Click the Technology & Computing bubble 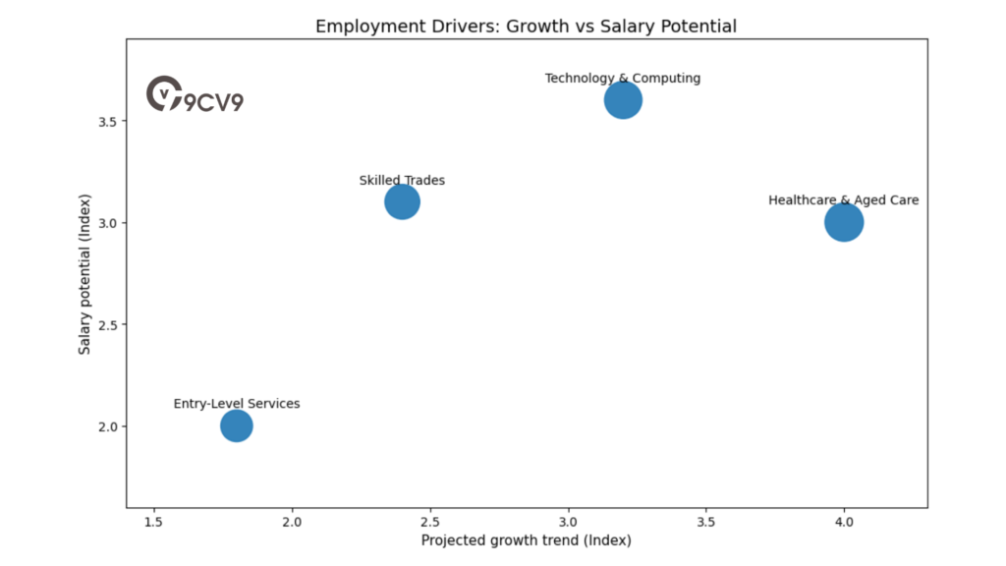point(623,100)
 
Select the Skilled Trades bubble point(402,202)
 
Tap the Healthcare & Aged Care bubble point(844,222)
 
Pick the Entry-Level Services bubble point(236,425)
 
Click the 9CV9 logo point(195,95)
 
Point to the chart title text point(526,27)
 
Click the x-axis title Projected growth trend point(526,540)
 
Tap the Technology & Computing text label point(623,78)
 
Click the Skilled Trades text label point(402,180)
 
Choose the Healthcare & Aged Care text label point(844,199)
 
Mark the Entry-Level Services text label point(237,403)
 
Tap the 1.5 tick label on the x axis point(154,520)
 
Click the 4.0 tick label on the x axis point(844,520)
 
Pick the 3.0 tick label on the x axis point(568,520)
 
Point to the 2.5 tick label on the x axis point(430,520)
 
